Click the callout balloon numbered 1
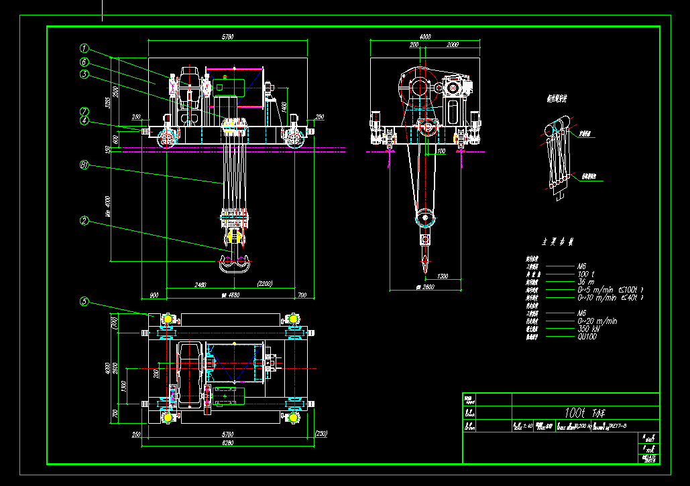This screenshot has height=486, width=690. click(x=84, y=48)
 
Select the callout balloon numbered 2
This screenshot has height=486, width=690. click(x=84, y=220)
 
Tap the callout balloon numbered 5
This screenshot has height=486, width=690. click(x=84, y=301)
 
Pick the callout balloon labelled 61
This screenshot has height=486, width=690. click(x=84, y=163)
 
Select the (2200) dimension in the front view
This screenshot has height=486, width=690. click(x=265, y=285)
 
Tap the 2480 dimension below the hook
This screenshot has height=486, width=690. click(x=200, y=285)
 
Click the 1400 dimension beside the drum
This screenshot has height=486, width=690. click(x=284, y=106)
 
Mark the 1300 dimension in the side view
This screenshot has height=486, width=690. click(x=443, y=276)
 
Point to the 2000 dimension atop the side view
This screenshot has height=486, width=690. click(x=452, y=44)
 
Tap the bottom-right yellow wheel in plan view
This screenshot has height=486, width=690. click(x=293, y=417)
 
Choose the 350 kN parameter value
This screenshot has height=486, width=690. click(x=588, y=329)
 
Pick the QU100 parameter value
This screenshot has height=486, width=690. click(x=587, y=337)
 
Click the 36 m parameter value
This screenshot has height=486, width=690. click(x=585, y=282)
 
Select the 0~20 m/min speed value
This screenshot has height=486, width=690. click(x=597, y=321)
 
